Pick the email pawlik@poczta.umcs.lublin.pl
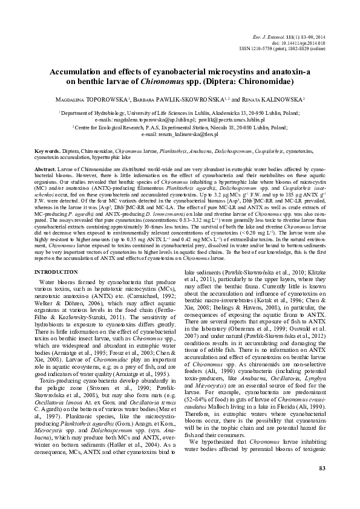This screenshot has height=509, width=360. (229, 120)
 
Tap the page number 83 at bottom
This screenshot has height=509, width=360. (322, 485)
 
